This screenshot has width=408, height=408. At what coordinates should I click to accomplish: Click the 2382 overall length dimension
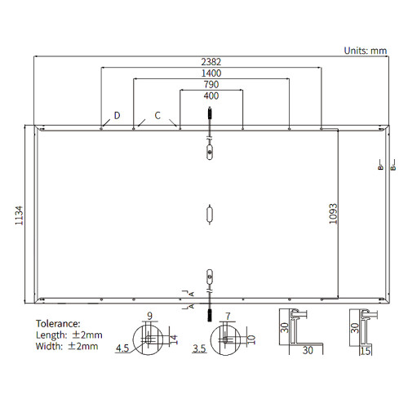pyautogui.click(x=211, y=62)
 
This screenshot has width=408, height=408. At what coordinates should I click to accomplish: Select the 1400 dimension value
pyautogui.click(x=211, y=73)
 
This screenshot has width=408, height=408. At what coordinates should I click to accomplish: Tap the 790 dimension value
pyautogui.click(x=211, y=85)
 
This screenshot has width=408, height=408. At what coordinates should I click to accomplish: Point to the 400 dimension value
pyautogui.click(x=211, y=95)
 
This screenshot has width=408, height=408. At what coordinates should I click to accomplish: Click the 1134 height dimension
pyautogui.click(x=19, y=215)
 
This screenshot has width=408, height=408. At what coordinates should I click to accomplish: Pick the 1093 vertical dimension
pyautogui.click(x=333, y=214)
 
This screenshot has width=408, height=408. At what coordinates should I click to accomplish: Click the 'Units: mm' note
pyautogui.click(x=366, y=51)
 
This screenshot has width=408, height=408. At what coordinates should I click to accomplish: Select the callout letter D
pyautogui.click(x=117, y=116)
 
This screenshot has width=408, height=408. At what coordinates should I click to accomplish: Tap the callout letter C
pyautogui.click(x=157, y=116)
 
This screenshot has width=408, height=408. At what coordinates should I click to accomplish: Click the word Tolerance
pyautogui.click(x=58, y=324)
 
